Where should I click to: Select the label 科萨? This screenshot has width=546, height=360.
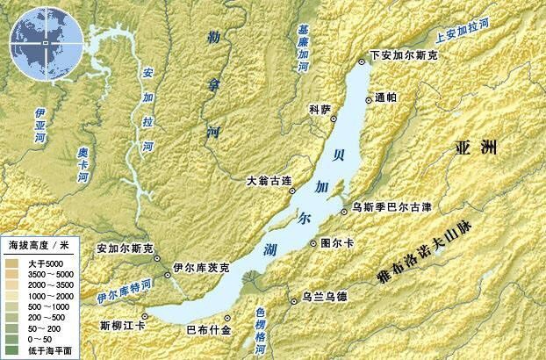(320, 109)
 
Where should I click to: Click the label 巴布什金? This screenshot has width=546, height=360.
(209, 330)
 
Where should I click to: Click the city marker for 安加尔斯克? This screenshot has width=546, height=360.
(157, 258)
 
